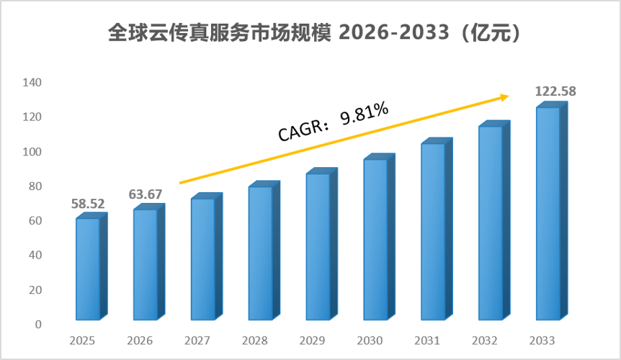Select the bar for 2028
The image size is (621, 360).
(264, 251)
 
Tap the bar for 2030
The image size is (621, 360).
(379, 237)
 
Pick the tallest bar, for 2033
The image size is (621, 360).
(552, 211)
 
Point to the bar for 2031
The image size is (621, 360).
(437, 229)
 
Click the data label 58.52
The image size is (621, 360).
(88, 204)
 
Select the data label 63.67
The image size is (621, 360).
(146, 194)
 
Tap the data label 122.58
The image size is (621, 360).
(555, 91)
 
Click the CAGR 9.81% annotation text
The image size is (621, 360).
(333, 122)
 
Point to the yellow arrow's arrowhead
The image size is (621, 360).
(505, 97)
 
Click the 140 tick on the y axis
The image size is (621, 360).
(32, 82)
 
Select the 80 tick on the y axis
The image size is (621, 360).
(35, 186)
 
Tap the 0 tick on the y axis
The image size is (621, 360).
(38, 325)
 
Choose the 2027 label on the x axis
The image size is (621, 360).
(197, 341)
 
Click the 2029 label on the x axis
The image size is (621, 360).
(312, 341)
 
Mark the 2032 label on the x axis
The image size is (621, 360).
(485, 341)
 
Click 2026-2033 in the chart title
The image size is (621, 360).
(394, 32)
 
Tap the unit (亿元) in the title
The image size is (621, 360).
(491, 32)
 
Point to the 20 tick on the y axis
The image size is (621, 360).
(35, 290)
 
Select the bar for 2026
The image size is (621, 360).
(149, 261)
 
